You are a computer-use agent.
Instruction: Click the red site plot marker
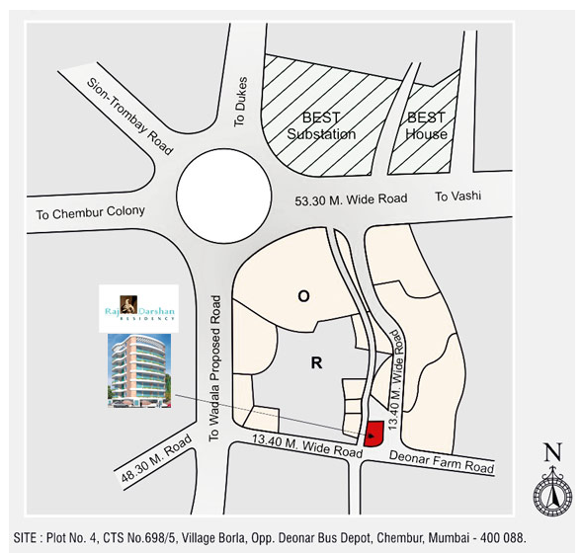[374, 434]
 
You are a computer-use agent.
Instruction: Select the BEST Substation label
[321, 126]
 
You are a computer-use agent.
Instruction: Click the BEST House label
[427, 126]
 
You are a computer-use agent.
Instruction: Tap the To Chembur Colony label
[90, 212]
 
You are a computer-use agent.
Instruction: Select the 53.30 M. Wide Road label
[351, 199]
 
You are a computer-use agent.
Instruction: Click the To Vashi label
[458, 198]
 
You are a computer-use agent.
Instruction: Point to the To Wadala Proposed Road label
[212, 365]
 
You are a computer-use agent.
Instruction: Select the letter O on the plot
[304, 295]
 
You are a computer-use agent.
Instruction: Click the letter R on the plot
[316, 362]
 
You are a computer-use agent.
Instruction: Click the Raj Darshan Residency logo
[138, 307]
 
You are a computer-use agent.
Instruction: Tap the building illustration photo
[138, 369]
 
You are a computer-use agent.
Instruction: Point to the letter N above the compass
[552, 453]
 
